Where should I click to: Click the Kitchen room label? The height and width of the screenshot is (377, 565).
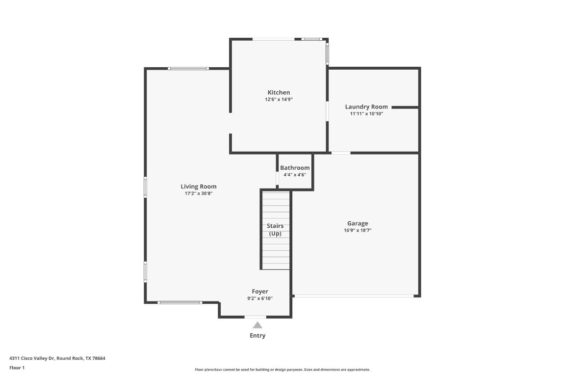pos(279,92)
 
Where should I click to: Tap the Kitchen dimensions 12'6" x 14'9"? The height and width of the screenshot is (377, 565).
pos(279,99)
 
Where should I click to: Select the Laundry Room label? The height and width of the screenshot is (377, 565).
pos(366,107)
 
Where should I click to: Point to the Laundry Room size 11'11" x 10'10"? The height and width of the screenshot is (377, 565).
pos(366,113)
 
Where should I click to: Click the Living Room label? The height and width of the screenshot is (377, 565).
pos(199,187)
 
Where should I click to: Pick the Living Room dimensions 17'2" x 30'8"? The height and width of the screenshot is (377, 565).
pos(199,193)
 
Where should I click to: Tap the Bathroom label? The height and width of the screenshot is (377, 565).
pos(295,168)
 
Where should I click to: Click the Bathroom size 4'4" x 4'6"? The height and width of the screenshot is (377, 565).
pos(295,174)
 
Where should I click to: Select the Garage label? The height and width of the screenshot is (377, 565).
pos(358,223)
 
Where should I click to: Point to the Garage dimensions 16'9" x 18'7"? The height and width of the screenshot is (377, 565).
pos(358,230)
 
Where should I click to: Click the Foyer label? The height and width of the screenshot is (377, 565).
pos(260,292)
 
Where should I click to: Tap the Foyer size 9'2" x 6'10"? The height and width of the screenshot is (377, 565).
pos(260,298)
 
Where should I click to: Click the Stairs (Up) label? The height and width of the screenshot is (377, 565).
pos(275,230)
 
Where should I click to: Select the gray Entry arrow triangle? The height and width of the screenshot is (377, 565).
pos(257,325)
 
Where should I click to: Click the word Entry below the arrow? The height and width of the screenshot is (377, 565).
pos(257,336)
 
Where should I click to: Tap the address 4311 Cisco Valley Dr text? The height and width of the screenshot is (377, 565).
pos(57,358)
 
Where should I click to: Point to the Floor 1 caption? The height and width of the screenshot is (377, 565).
pos(17,368)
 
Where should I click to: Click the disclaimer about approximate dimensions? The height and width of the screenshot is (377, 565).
pos(282,370)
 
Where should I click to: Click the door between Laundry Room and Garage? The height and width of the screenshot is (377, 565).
pos(341,153)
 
